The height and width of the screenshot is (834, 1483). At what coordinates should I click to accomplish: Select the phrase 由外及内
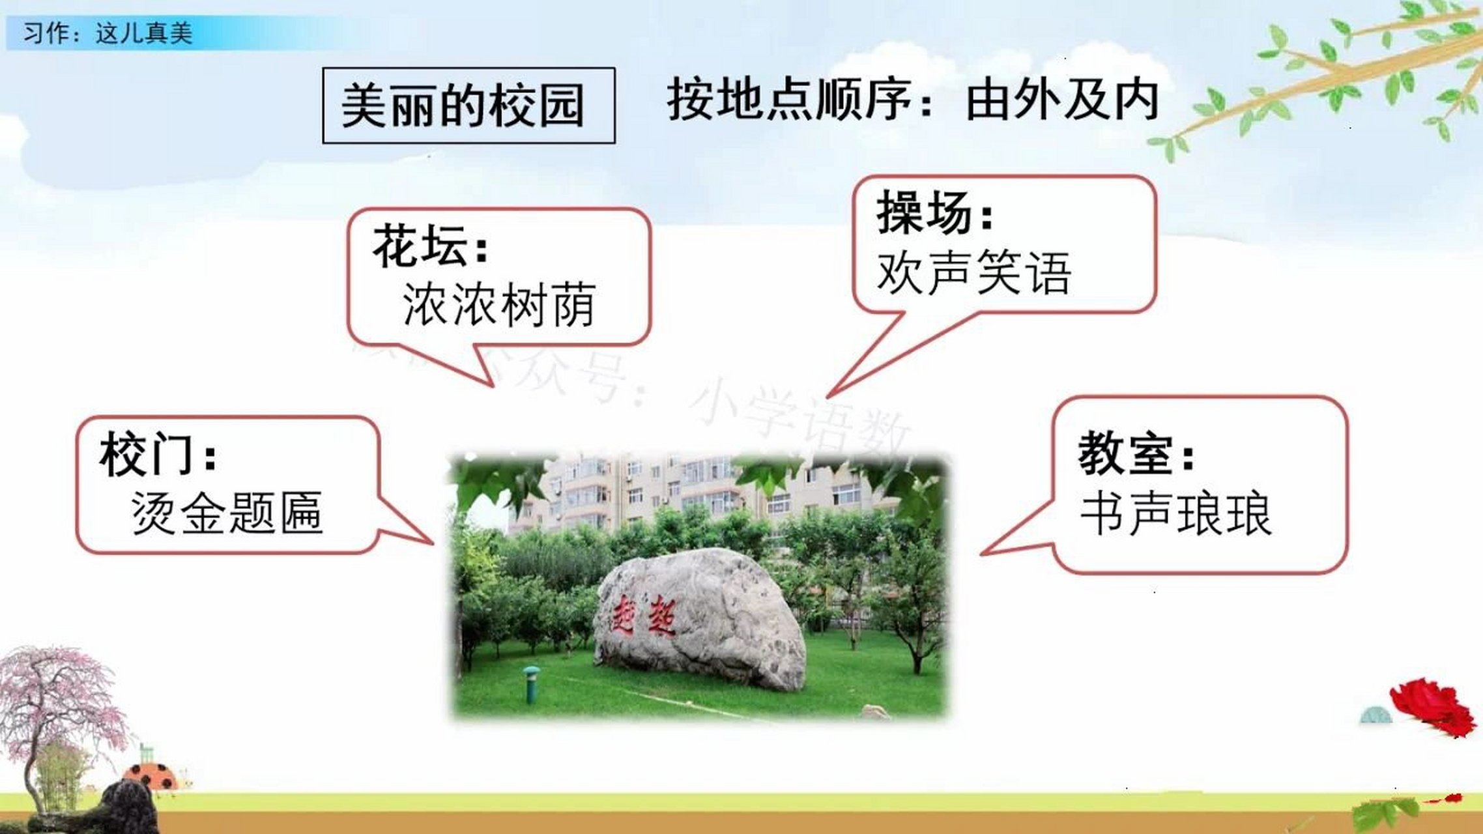click(x=1061, y=100)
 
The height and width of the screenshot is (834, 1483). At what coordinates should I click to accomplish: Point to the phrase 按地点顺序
click(x=788, y=100)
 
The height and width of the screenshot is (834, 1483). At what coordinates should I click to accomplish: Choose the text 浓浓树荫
click(x=499, y=305)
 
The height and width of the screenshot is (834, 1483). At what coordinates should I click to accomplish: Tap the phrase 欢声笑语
click(x=974, y=272)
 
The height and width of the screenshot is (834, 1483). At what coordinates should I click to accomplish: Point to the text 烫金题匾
click(x=227, y=513)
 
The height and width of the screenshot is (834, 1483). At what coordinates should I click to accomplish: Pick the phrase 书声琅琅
click(x=1176, y=515)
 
